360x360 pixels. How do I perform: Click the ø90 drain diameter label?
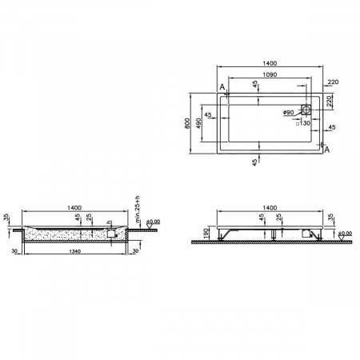tap(289, 113)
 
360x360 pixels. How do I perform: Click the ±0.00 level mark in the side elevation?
tap(345, 233)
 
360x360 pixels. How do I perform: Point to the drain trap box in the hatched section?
tap(110, 233)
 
